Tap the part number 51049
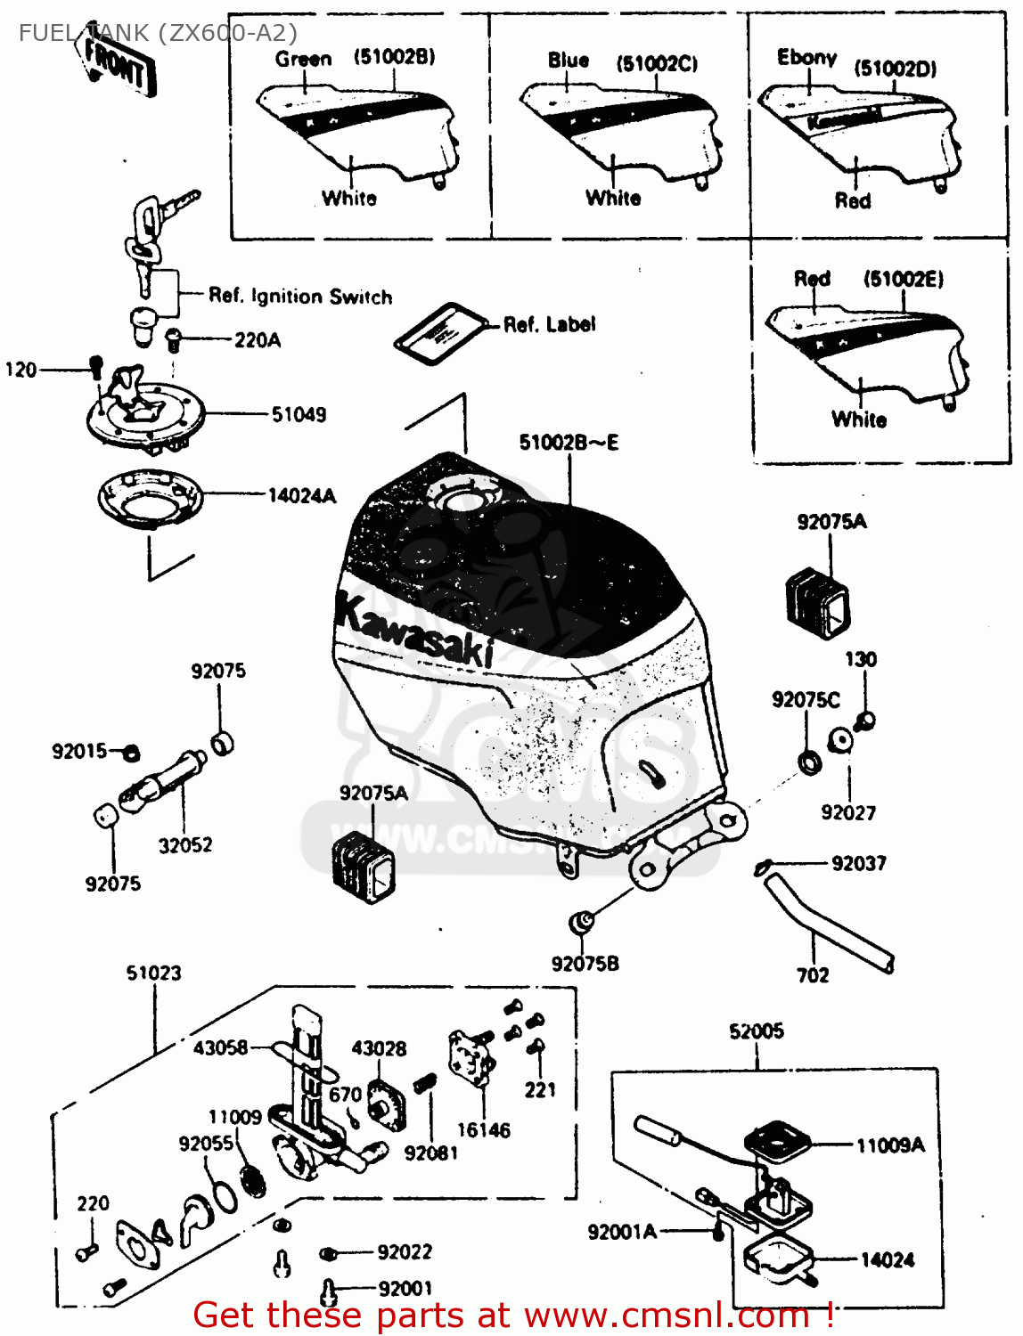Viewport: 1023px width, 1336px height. pyautogui.click(x=299, y=414)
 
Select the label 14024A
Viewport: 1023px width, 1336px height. pyautogui.click(x=301, y=496)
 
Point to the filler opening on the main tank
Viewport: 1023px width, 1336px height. pyautogui.click(x=463, y=501)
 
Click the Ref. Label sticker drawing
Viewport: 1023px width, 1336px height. pyautogui.click(x=441, y=333)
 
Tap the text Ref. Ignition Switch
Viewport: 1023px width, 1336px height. pyautogui.click(x=300, y=297)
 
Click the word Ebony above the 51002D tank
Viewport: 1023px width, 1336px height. pyautogui.click(x=806, y=58)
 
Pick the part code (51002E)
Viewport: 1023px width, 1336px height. pyautogui.click(x=903, y=280)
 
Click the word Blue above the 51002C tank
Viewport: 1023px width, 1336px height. pyautogui.click(x=569, y=61)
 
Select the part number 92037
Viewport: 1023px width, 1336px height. pyautogui.click(x=858, y=863)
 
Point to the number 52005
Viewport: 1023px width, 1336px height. pyautogui.click(x=756, y=1031)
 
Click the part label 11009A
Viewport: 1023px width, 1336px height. pyautogui.click(x=890, y=1145)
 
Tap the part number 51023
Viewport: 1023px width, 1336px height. pyautogui.click(x=153, y=973)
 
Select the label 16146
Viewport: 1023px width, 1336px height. pyautogui.click(x=483, y=1130)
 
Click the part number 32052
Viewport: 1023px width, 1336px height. pyautogui.click(x=185, y=845)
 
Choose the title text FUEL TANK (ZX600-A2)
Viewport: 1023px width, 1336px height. pyautogui.click(x=158, y=33)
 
